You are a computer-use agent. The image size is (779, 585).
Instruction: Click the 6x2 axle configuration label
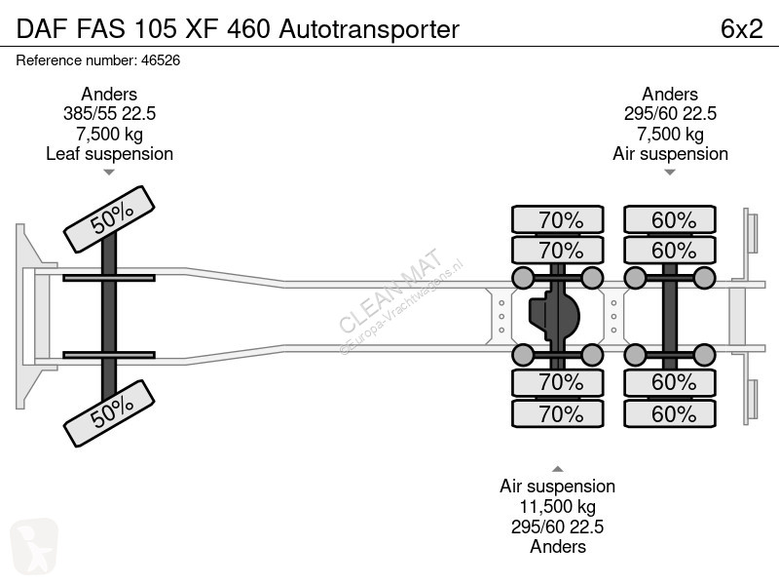741,29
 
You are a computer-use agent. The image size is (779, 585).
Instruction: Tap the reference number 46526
161,60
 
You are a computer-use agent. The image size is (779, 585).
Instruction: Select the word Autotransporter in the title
369,29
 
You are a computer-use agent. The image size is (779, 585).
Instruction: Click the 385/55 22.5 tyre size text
109,113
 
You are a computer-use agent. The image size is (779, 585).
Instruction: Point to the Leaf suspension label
109,154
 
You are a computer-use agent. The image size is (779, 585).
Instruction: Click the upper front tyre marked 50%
109,219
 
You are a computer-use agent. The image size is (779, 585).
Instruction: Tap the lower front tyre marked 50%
109,413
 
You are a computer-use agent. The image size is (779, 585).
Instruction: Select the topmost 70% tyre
557,219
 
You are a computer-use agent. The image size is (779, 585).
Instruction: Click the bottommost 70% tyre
557,413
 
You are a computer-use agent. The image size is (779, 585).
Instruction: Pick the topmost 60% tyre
670,219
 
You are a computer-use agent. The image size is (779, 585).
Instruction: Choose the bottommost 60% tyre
670,413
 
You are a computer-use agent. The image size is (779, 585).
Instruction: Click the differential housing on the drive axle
554,316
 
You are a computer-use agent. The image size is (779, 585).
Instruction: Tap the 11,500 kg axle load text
557,506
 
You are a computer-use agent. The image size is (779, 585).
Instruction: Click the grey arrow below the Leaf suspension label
109,173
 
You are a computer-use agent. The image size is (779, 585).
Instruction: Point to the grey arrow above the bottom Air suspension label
557,469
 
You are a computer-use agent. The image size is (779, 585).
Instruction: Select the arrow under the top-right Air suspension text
670,173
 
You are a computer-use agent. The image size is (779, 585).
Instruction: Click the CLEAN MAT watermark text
390,290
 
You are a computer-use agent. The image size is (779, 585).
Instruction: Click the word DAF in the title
42,29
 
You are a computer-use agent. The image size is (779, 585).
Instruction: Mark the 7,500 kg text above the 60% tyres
670,134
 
